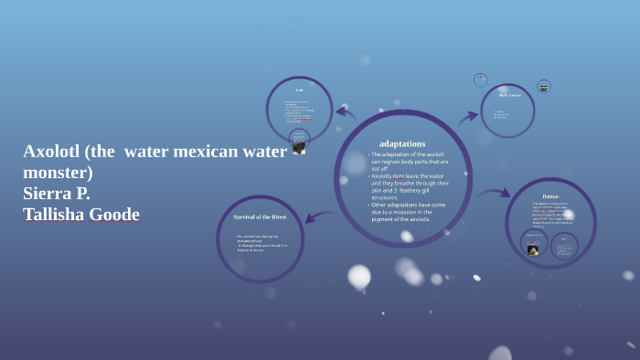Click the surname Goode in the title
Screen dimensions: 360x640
click(x=117, y=215)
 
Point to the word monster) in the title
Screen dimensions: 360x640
click(x=58, y=173)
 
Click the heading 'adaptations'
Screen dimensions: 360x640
click(x=402, y=143)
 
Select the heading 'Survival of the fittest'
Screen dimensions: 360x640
click(x=260, y=217)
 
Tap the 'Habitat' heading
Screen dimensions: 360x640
click(x=550, y=196)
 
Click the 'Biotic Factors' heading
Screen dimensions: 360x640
click(x=509, y=95)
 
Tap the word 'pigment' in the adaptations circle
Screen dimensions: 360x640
click(x=383, y=219)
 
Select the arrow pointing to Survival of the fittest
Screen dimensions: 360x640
click(x=319, y=217)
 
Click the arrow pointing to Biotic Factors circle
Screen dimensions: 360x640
click(x=468, y=117)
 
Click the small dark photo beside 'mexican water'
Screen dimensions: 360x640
click(x=299, y=146)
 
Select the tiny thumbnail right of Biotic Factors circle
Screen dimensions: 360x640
click(x=543, y=87)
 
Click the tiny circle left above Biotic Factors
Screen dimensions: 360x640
click(x=481, y=80)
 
